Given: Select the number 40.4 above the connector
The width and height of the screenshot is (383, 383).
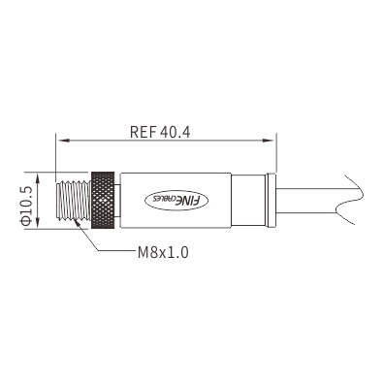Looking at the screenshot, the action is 175,132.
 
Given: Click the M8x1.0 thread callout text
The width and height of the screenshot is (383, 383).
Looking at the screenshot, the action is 163,252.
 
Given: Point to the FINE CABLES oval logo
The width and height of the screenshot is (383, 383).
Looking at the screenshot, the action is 176,201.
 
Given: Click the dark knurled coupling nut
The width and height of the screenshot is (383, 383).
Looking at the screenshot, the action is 103,201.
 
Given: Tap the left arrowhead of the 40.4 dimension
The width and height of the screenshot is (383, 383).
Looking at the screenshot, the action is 63,141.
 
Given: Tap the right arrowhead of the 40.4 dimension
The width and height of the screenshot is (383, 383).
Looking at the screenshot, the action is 269,141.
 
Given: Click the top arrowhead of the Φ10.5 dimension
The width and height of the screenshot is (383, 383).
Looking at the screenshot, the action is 39,178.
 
